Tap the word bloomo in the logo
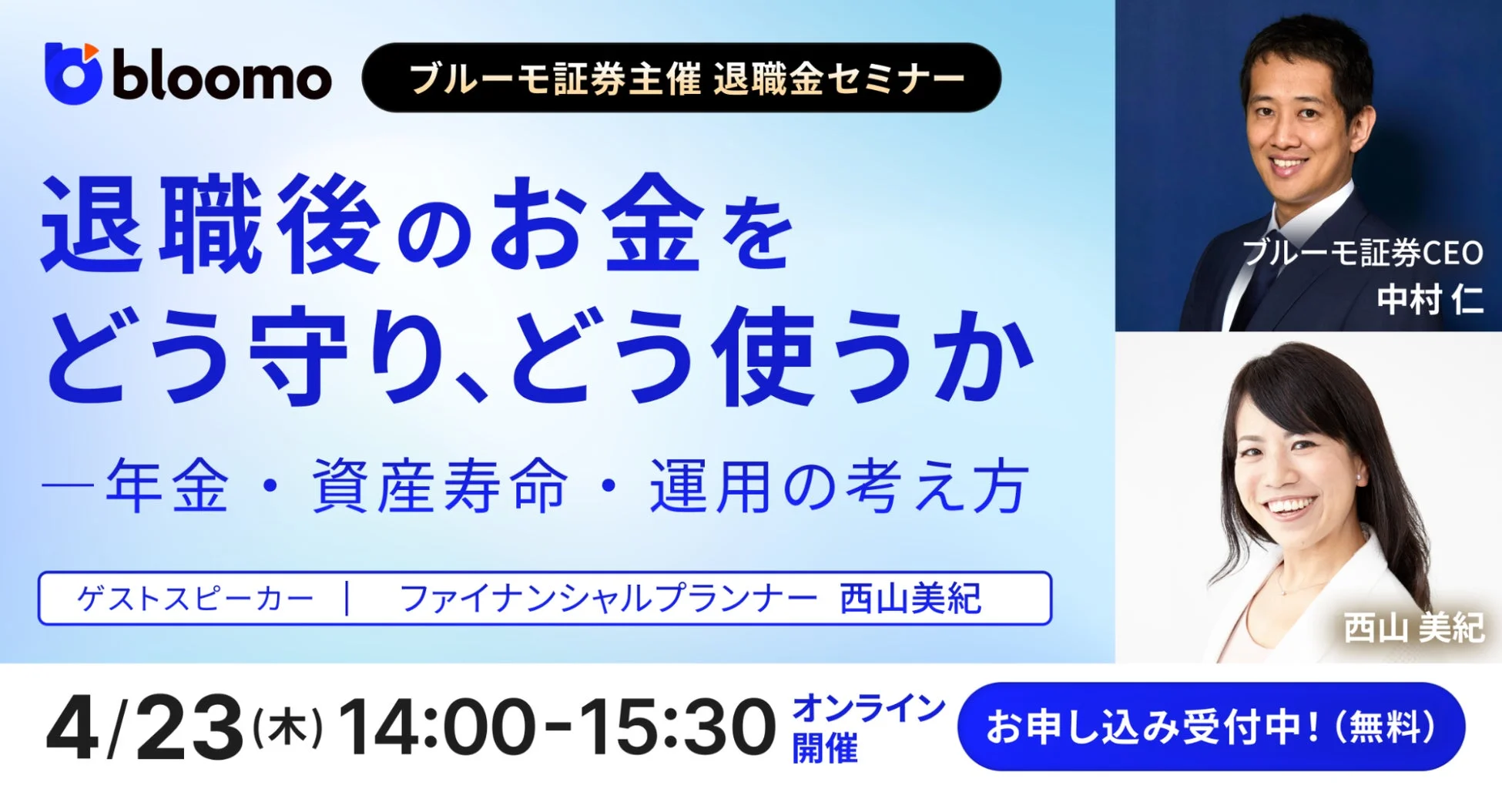(222, 79)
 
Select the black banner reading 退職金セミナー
(681, 78)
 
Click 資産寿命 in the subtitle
(440, 486)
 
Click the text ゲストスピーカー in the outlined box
(196, 599)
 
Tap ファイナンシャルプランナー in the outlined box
(609, 599)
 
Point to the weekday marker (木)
(287, 727)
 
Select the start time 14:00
(436, 727)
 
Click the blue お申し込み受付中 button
(1211, 727)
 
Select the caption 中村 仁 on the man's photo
(1430, 299)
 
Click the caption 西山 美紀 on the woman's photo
(1413, 628)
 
